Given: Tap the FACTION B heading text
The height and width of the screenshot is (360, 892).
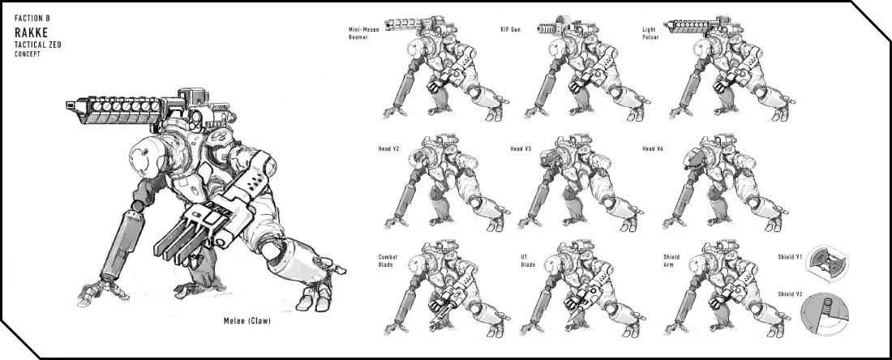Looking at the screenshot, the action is click(x=32, y=18).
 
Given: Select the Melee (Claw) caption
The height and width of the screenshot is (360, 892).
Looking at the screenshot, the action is click(x=247, y=321).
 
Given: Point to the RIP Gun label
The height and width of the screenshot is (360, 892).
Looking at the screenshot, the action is click(x=510, y=29).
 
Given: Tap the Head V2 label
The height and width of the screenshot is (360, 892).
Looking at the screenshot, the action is click(x=388, y=149).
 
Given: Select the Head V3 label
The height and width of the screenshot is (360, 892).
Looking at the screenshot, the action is click(x=521, y=149).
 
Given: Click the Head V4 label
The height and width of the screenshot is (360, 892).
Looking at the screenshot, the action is click(x=653, y=149).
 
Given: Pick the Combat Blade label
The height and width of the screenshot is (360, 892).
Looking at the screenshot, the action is click(x=388, y=260).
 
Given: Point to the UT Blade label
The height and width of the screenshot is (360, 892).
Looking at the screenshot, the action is click(x=528, y=260).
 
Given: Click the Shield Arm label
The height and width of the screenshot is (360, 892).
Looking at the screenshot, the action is click(x=671, y=260).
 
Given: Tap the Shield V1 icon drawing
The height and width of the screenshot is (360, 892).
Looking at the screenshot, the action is click(x=828, y=264).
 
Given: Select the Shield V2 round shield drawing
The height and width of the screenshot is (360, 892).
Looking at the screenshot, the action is click(x=825, y=315).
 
